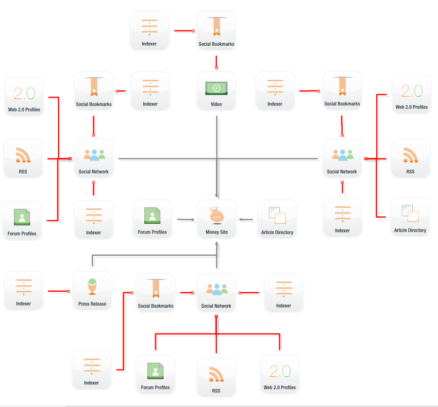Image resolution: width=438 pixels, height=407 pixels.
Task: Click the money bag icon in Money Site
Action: pyautogui.click(x=216, y=216)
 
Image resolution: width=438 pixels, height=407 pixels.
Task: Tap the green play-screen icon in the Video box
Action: pyautogui.click(x=216, y=88)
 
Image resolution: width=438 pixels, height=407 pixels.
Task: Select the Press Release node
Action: pyautogui.click(x=92, y=291)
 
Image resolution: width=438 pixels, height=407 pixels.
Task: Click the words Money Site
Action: pyautogui.click(x=216, y=232)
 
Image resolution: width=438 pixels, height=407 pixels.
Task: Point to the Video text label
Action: pyautogui.click(x=216, y=104)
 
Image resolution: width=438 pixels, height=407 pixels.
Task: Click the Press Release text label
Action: pyautogui.click(x=92, y=304)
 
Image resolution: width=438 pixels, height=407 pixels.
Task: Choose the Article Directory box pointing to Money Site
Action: pyautogui.click(x=277, y=219)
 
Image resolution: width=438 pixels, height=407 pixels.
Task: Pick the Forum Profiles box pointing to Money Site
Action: pyautogui.click(x=153, y=219)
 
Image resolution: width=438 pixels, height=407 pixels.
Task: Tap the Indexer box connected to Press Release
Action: pyautogui.click(x=24, y=291)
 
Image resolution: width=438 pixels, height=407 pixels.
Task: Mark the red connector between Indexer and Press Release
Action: pyautogui.click(x=59, y=291)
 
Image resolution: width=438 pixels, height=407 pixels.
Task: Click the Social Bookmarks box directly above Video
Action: pyautogui.click(x=216, y=31)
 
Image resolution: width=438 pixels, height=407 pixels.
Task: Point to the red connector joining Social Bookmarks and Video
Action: pyautogui.click(x=216, y=62)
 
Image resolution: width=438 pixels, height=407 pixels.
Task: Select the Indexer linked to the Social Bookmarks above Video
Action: pyautogui.click(x=149, y=31)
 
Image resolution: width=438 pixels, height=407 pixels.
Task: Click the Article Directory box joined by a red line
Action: pyautogui.click(x=410, y=217)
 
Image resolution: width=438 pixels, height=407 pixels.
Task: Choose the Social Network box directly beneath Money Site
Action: pyautogui.click(x=216, y=293)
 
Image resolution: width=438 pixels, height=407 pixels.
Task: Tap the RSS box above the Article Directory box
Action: pyautogui.click(x=410, y=158)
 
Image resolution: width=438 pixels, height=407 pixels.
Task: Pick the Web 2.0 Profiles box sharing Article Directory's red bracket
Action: pyautogui.click(x=412, y=95)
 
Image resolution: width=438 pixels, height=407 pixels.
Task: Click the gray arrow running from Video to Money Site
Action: pyautogui.click(x=217, y=154)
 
